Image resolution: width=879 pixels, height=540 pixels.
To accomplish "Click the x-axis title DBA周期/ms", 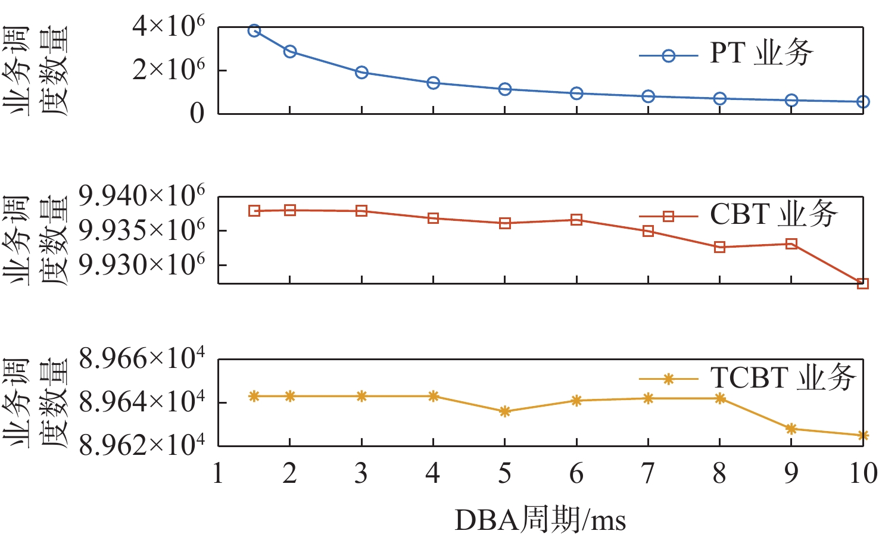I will [x=540, y=520].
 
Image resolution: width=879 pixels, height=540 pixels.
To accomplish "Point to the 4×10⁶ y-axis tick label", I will [x=169, y=27].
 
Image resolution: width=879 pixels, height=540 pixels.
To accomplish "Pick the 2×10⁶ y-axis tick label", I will [x=169, y=70].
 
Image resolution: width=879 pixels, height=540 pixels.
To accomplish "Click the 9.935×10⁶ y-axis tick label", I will [x=142, y=231].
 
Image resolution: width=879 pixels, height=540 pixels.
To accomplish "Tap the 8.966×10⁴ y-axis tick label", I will [x=142, y=359].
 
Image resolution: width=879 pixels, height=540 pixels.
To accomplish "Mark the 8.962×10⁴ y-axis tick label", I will [x=142, y=445].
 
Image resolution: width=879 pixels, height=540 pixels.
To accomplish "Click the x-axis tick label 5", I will [x=504, y=474].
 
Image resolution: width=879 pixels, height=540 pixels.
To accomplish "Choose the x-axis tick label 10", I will [x=862, y=474].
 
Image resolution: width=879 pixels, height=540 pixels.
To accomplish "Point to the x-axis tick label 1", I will [x=218, y=474].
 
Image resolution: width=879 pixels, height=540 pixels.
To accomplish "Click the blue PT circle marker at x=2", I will [x=290, y=51].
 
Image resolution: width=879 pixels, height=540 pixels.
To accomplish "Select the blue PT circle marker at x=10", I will [x=862, y=102].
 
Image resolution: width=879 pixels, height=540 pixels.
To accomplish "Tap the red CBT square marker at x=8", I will [x=719, y=247].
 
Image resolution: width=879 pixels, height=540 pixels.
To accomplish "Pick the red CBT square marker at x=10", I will [x=862, y=283].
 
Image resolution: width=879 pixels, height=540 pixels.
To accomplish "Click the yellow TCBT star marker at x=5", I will [x=504, y=411].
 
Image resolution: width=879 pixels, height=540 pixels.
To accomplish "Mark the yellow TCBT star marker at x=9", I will [x=791, y=429].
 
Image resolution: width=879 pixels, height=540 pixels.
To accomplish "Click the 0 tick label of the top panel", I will [x=197, y=113].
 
